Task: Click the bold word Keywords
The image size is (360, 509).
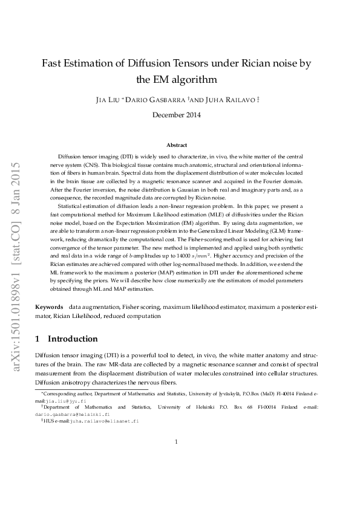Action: (x=48, y=308)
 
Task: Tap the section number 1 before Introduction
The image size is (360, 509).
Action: (x=38, y=339)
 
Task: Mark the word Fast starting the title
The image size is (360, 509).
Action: (x=53, y=63)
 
